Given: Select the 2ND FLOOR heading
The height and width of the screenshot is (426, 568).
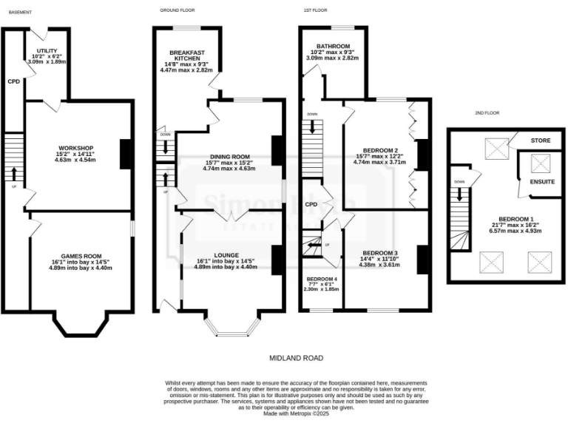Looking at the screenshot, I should coord(488,113).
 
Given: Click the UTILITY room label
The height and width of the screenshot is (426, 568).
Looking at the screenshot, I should coord(47,51).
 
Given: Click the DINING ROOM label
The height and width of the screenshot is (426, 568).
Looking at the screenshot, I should coord(229,156).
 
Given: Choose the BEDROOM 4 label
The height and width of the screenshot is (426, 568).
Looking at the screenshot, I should coord(321,279).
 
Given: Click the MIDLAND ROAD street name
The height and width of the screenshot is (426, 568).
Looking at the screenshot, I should coord(296,357).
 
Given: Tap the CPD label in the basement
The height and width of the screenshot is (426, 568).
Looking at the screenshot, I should coord(13,82).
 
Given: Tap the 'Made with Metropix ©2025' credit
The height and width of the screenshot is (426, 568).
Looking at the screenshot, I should coord(296,415).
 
